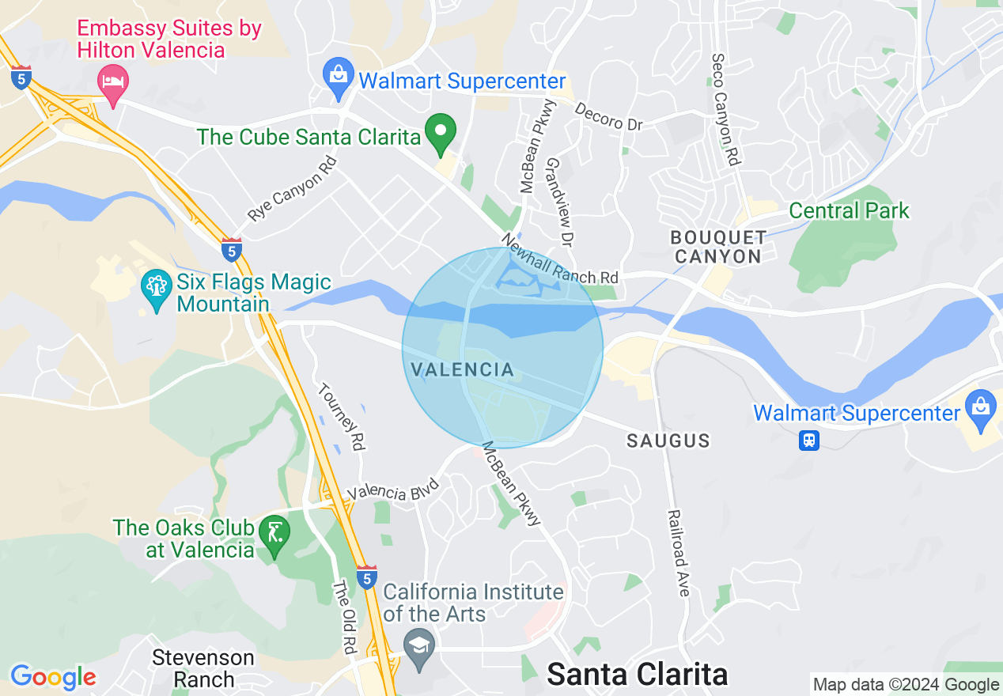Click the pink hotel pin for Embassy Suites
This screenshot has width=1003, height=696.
point(112,82)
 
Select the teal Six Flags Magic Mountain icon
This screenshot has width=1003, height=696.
point(155,288)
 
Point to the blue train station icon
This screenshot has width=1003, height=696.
point(808,440)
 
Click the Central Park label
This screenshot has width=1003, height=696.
point(849,211)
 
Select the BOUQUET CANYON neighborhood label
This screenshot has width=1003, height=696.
point(718,247)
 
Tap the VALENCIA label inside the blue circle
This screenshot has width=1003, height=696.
point(463,369)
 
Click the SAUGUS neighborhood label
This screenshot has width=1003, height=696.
point(668,441)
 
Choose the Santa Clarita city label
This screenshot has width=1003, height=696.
point(637,674)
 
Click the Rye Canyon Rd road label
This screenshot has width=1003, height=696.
point(292,188)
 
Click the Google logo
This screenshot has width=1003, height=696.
point(53,677)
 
